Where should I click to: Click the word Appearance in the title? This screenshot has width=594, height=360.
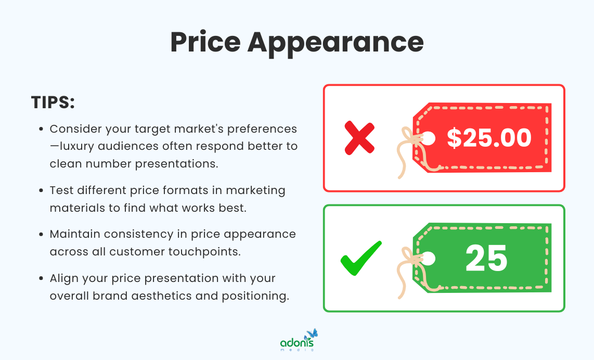(x=335, y=43)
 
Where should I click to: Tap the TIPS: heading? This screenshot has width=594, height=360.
(x=53, y=102)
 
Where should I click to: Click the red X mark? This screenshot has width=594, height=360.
(x=359, y=138)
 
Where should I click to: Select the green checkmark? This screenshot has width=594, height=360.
(x=360, y=258)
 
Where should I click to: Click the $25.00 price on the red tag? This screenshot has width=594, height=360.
(x=489, y=138)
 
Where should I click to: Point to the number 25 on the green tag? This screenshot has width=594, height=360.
(x=486, y=258)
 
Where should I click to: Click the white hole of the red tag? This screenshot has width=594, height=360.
(x=428, y=138)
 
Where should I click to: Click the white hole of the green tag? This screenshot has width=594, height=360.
(x=428, y=258)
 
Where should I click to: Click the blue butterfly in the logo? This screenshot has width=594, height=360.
(x=312, y=333)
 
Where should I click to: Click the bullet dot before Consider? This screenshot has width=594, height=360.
(x=42, y=128)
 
